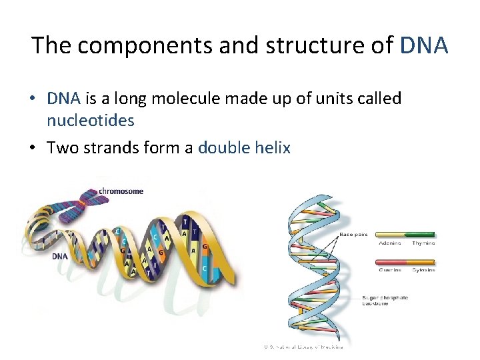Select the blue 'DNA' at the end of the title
424,45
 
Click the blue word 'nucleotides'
91,121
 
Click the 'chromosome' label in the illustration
121,191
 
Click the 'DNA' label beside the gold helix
59,255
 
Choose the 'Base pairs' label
353,235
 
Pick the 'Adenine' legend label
389,243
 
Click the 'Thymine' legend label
423,243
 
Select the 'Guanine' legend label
389,270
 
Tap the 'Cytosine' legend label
423,270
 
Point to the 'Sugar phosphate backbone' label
385,301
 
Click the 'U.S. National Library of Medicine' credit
303,347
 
